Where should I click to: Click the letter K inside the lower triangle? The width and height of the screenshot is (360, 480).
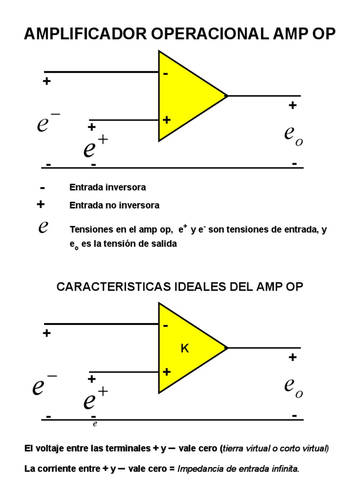185,349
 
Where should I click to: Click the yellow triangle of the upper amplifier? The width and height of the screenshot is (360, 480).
187,96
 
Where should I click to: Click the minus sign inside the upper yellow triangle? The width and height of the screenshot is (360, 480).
166,74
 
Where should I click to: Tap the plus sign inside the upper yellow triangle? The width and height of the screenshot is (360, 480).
166,120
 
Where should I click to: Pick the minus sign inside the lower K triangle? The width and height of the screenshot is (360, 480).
166,326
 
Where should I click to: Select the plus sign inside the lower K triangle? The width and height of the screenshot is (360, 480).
166,372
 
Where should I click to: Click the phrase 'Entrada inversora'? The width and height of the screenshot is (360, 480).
107,187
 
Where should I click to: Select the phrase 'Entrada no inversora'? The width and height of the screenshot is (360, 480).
114,205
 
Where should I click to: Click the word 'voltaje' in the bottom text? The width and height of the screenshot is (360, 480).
52,449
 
